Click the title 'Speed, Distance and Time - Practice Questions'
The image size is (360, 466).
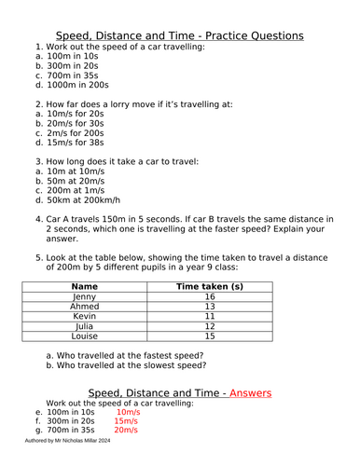coord(180,35)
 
